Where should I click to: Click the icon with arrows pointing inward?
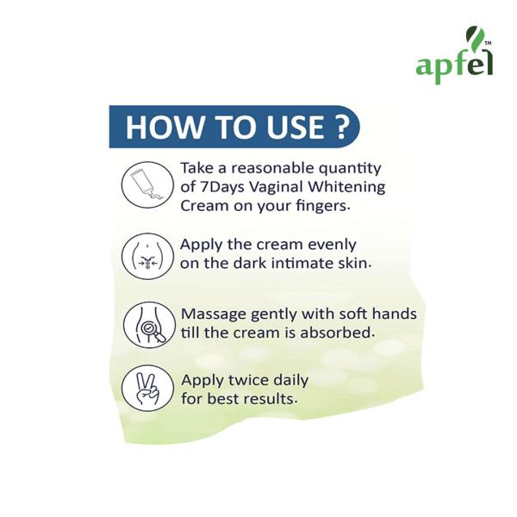click(142, 256)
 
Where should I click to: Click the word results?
click(270, 399)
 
